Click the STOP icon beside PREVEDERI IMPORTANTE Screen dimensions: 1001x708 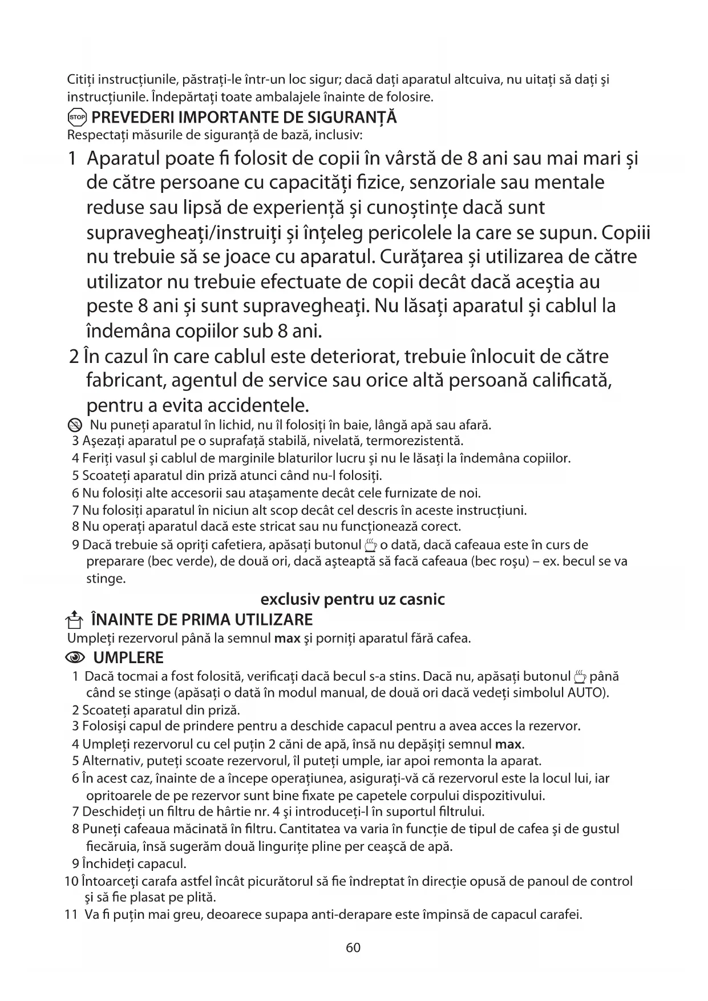(77, 118)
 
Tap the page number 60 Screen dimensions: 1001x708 (353, 948)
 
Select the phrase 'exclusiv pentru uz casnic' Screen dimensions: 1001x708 (353, 599)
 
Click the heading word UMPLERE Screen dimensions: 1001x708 (128, 658)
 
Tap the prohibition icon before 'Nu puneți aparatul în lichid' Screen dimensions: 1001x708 (75, 425)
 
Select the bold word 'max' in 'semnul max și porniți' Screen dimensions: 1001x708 (287, 638)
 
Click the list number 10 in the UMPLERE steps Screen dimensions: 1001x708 (72, 881)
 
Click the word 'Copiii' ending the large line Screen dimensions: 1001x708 (626, 233)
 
